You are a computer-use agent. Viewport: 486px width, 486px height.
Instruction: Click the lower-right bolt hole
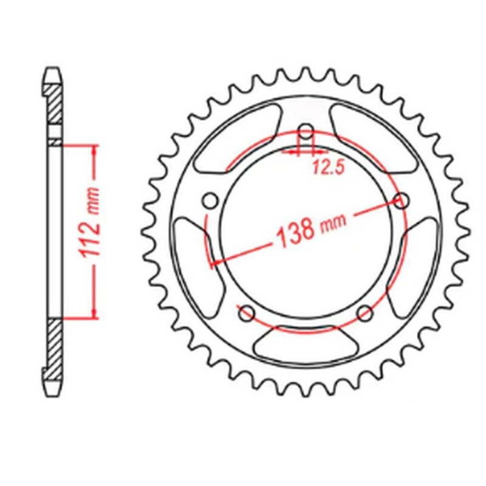pos(364,313)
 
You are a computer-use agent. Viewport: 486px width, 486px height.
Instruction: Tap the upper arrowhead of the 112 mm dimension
pos(94,149)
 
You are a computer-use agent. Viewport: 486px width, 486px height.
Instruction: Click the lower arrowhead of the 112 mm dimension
pos(94,313)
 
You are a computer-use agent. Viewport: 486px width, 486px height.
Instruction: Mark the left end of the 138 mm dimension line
pos(211,263)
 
